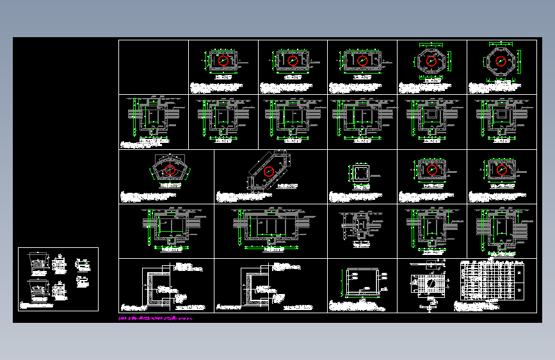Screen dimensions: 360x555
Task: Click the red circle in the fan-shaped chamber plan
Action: (x=170, y=170)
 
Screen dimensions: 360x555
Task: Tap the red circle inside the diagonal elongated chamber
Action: (x=269, y=171)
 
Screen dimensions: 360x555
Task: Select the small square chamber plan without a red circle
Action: (x=358, y=173)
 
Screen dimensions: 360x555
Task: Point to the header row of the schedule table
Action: (x=492, y=262)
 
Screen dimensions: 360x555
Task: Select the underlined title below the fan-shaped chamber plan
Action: (x=170, y=185)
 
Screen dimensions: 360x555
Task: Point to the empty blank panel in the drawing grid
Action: (x=153, y=67)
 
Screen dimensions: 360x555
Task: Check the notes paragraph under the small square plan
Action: (x=355, y=195)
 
